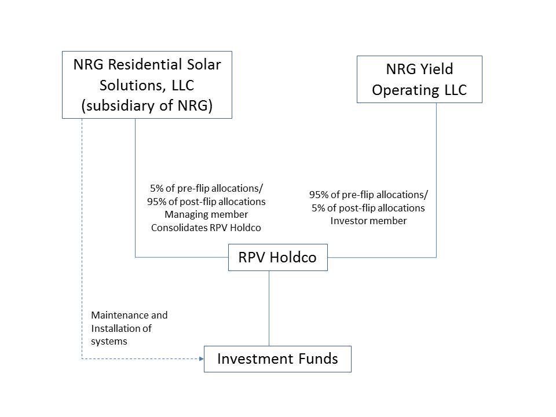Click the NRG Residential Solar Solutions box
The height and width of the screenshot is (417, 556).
click(x=147, y=85)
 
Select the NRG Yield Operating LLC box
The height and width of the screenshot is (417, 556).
click(x=419, y=79)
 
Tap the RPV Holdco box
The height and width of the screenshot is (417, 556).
click(x=278, y=258)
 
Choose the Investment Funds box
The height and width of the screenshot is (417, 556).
click(x=277, y=359)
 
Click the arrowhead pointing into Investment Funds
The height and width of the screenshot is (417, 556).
click(x=200, y=359)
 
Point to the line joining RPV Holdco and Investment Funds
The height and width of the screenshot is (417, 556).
click(x=269, y=308)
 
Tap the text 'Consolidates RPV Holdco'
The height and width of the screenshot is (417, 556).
click(x=206, y=228)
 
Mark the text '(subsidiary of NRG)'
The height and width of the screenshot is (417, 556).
click(x=147, y=107)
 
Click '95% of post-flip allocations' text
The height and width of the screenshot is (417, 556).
click(x=206, y=202)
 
